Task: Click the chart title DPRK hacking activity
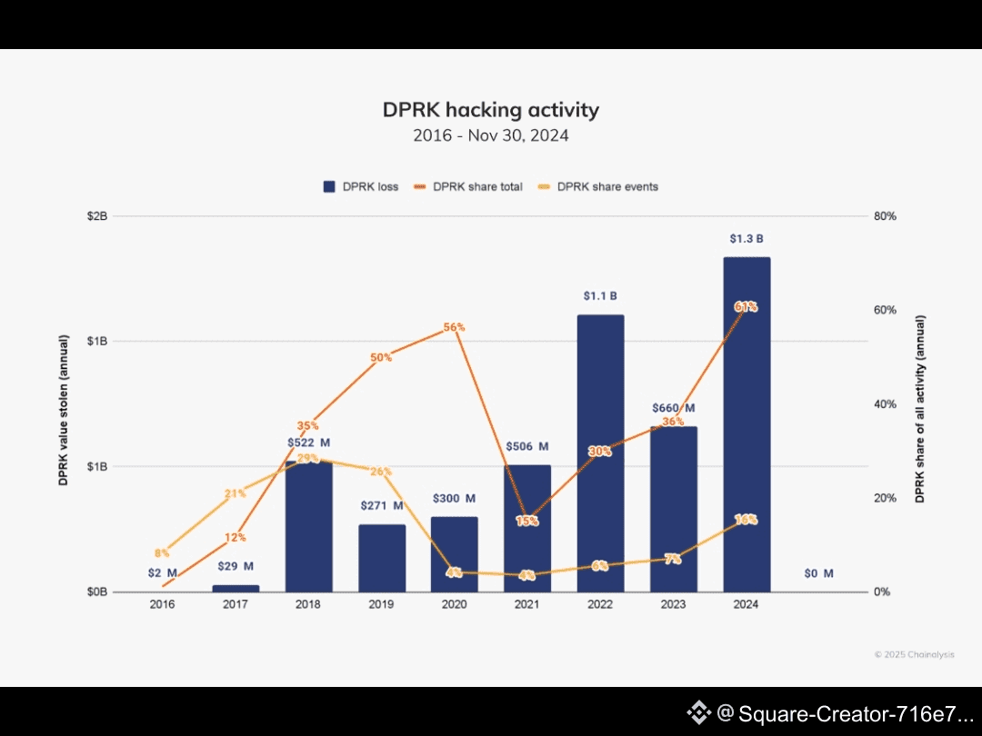click(491, 110)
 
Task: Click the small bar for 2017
click(235, 588)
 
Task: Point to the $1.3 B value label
click(747, 239)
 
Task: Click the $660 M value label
click(673, 408)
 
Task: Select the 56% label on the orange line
click(455, 327)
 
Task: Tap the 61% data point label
click(746, 307)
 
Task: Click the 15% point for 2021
click(527, 521)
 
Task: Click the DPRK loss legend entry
click(361, 187)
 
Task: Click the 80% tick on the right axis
click(886, 216)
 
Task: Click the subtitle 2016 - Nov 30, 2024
click(491, 136)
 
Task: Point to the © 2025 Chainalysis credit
click(915, 654)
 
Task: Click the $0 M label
click(818, 573)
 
